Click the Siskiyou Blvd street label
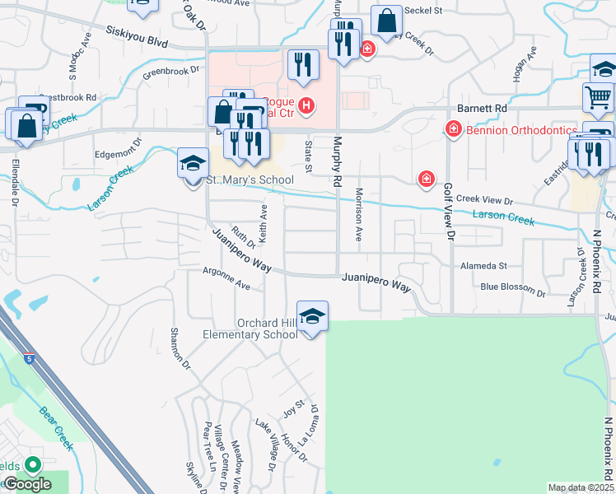tap(142, 37)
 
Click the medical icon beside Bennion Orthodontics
tap(452, 129)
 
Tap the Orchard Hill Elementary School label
tap(250, 329)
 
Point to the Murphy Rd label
tap(337, 154)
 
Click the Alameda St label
tap(484, 266)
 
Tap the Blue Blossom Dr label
tap(512, 289)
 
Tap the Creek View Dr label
tap(484, 200)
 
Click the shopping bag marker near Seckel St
tap(385, 21)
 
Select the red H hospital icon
tap(306, 105)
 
